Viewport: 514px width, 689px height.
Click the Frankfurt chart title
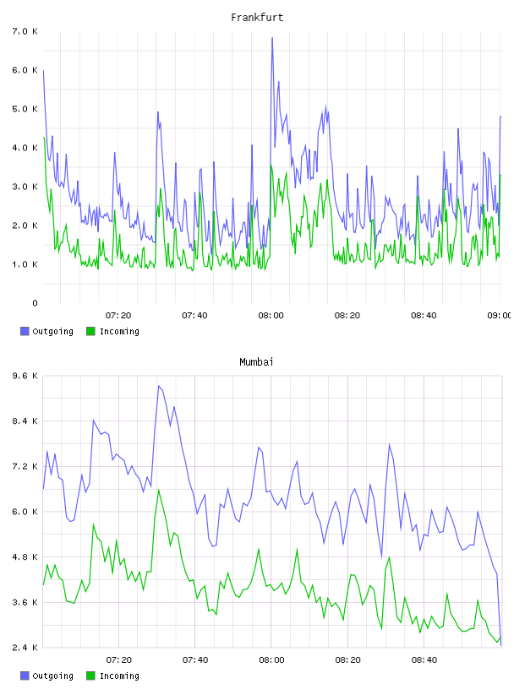click(x=257, y=17)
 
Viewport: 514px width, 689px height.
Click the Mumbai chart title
click(x=256, y=361)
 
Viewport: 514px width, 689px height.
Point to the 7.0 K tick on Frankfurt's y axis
click(x=25, y=31)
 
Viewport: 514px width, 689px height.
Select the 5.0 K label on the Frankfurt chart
click(x=25, y=109)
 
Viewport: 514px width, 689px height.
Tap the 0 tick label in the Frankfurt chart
click(x=36, y=303)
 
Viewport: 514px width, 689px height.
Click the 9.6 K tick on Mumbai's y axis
click(x=25, y=376)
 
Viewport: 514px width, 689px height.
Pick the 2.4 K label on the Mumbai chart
click(x=25, y=648)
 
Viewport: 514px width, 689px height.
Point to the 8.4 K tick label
click(x=25, y=421)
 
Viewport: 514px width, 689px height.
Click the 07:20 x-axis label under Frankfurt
click(x=118, y=315)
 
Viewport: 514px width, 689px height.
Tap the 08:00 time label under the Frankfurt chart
click(x=271, y=315)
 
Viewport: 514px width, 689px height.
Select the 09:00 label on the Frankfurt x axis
click(x=500, y=315)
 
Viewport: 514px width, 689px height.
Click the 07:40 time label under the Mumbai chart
click(x=195, y=659)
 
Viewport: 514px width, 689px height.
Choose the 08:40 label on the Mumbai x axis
click(x=424, y=659)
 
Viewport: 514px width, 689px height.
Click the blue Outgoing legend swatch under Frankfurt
click(x=25, y=331)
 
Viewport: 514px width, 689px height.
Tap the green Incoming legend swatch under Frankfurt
click(x=90, y=331)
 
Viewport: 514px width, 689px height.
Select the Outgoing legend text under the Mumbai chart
click(x=52, y=675)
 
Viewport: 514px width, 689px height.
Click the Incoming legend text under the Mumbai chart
click(x=119, y=675)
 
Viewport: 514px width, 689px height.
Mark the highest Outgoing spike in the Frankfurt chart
click(x=272, y=39)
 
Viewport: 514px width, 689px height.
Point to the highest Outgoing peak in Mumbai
click(x=158, y=386)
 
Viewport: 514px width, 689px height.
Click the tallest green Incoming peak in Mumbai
click(x=158, y=491)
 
